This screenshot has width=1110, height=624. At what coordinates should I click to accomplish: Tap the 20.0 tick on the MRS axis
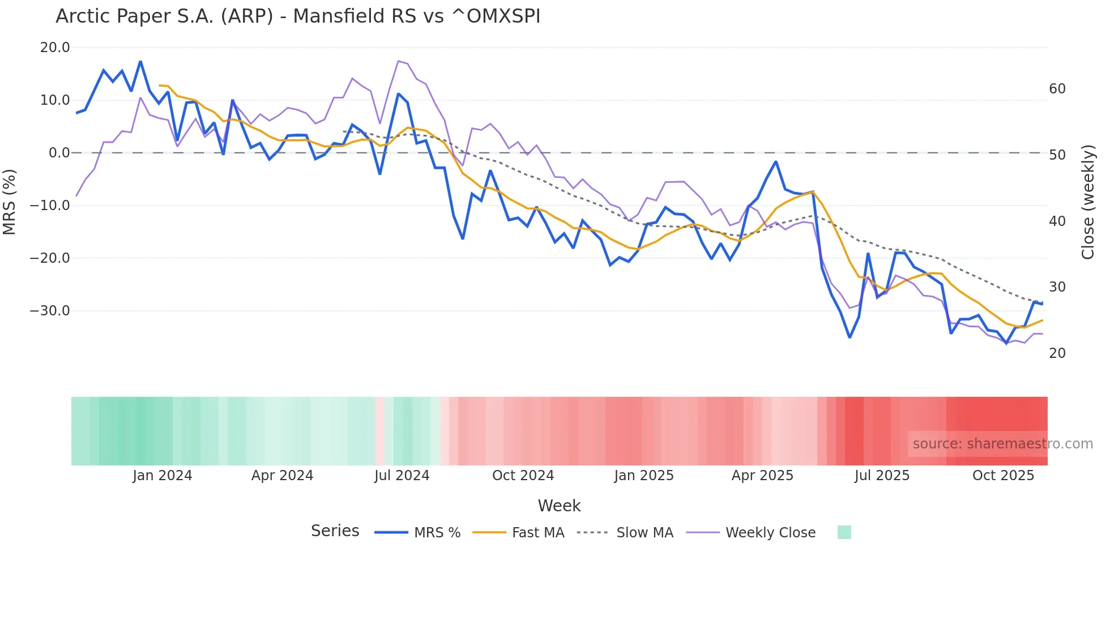(55, 48)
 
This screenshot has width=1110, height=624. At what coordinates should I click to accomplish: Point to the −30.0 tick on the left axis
(50, 311)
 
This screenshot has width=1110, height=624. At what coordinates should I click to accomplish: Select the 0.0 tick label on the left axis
(59, 153)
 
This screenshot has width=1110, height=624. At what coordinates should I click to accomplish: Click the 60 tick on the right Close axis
(1057, 89)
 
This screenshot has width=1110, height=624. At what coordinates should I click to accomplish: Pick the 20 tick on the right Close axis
(1057, 353)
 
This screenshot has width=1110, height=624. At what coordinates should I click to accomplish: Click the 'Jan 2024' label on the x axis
(163, 476)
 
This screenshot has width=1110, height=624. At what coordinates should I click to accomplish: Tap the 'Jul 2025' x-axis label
(882, 476)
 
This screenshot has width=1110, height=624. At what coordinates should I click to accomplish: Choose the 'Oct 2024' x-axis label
(523, 476)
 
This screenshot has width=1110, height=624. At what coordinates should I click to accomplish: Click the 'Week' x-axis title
(559, 506)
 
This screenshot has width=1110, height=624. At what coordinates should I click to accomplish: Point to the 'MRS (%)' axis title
(10, 202)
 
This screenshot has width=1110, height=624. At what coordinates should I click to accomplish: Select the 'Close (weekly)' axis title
(1088, 202)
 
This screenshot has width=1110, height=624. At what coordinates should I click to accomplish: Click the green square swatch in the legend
(844, 532)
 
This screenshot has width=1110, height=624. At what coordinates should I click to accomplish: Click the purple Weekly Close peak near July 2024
(399, 61)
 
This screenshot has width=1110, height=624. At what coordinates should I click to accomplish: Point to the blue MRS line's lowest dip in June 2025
(849, 337)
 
